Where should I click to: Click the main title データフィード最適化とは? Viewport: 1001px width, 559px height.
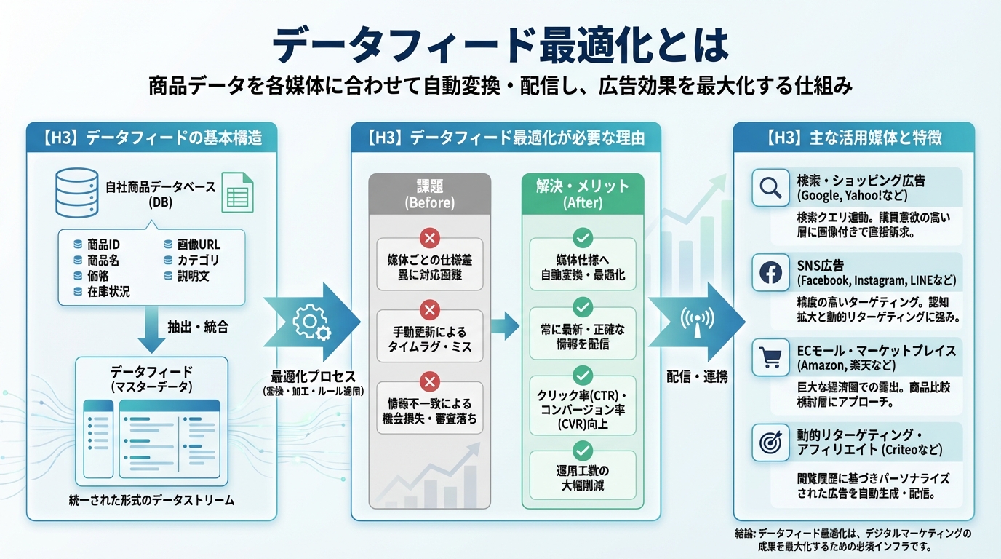(x=500, y=45)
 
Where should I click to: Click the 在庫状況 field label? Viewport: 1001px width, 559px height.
(x=108, y=291)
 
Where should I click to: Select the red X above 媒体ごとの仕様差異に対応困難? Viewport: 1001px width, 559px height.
(x=430, y=237)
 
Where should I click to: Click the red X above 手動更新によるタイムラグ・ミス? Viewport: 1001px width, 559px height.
(x=430, y=310)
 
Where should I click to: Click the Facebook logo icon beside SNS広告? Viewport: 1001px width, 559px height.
(x=770, y=272)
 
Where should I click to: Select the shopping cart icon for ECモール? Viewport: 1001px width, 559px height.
(x=770, y=357)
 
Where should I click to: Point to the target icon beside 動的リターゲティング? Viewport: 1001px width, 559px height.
(x=770, y=442)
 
